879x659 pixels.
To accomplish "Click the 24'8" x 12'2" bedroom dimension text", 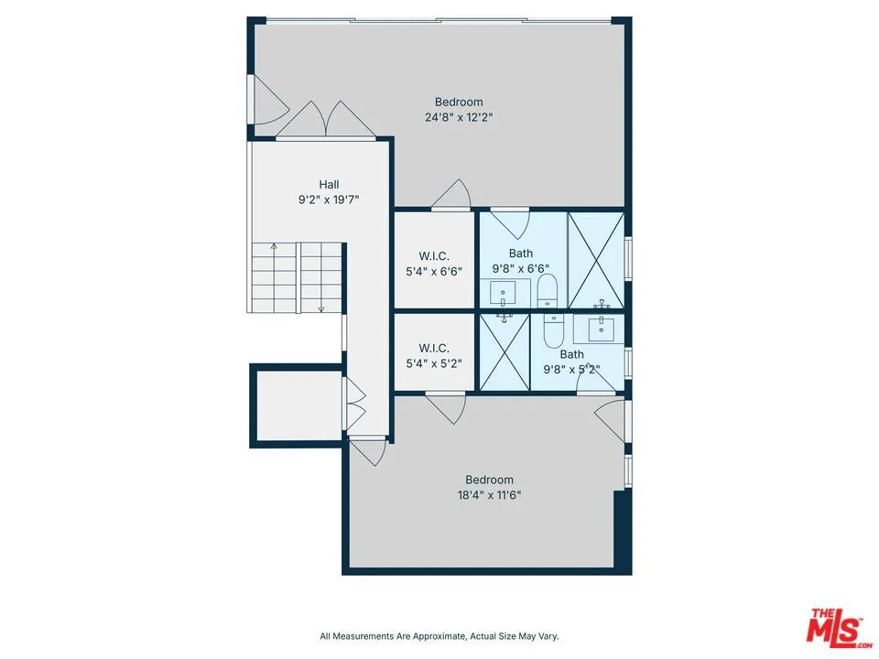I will tap(459, 117).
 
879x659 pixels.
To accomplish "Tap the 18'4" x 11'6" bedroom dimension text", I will tap(489, 495).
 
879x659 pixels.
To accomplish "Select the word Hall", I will tap(329, 184).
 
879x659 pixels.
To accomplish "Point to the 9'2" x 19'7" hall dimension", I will tap(329, 199).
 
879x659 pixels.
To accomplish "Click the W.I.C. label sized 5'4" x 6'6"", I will tap(433, 255).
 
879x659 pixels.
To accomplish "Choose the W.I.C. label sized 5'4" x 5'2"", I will tap(433, 348).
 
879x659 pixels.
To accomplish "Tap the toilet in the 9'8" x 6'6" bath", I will tap(547, 292).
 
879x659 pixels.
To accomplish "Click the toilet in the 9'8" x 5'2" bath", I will tap(552, 329).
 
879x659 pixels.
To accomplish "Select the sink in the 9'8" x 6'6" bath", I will tap(504, 293).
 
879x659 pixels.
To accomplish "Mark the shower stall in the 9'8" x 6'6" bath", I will tap(596, 260).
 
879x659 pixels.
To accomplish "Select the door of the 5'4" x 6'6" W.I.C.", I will tap(452, 196).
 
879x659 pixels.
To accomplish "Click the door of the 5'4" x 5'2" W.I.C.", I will tap(446, 406).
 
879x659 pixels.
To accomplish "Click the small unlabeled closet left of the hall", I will tap(296, 405).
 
